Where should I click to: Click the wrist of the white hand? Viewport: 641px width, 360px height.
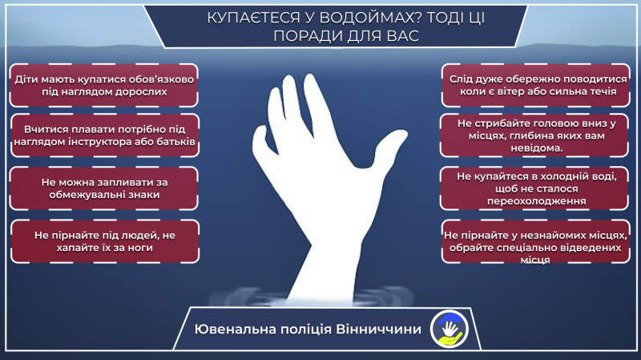tap(320, 233)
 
